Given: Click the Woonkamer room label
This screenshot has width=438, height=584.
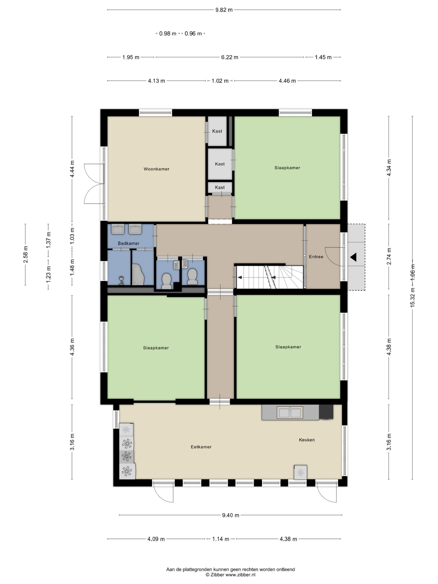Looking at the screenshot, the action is [x=156, y=169].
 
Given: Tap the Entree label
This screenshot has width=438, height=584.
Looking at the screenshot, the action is [x=316, y=257].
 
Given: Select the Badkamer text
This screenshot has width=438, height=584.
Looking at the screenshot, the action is [x=129, y=243].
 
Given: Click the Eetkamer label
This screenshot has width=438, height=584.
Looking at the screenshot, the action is [x=201, y=447].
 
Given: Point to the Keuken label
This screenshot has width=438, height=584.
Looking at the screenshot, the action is [x=307, y=440].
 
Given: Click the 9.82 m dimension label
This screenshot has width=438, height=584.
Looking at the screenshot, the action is [x=224, y=10].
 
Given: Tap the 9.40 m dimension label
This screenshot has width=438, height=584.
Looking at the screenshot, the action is [x=230, y=515].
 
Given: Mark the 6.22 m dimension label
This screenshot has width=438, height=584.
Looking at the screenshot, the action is [x=230, y=57].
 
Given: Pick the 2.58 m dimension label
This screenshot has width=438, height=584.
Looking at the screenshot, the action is [x=26, y=255].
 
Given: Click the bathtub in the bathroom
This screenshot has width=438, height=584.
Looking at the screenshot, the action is [x=138, y=275].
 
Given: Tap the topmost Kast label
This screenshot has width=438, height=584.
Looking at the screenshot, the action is [x=217, y=131].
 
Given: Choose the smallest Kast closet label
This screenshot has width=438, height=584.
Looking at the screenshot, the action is [x=220, y=188].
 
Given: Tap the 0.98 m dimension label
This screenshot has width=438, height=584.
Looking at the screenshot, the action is [x=168, y=34].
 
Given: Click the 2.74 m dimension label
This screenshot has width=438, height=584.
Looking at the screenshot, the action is [x=389, y=256].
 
